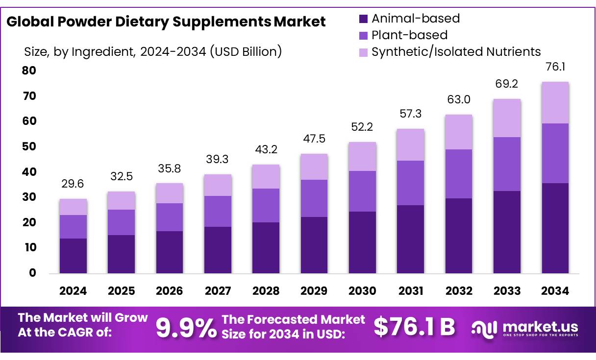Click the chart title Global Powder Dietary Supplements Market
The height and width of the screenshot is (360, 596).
pyautogui.click(x=166, y=22)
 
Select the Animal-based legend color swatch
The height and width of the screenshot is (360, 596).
pyautogui.click(x=363, y=19)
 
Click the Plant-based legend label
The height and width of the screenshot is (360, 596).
pyautogui.click(x=409, y=35)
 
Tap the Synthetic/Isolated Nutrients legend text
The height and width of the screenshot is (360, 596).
pyautogui.click(x=456, y=51)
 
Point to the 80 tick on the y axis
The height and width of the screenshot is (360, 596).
pyautogui.click(x=29, y=71)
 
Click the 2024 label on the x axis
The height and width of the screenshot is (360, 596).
pyautogui.click(x=73, y=291)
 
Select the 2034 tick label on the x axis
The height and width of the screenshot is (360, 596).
pyautogui.click(x=555, y=291)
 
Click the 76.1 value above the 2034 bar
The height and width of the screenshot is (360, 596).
pyautogui.click(x=555, y=67)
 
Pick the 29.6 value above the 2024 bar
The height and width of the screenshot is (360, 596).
pyautogui.click(x=73, y=184)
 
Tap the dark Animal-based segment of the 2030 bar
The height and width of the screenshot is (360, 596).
pyautogui.click(x=362, y=242)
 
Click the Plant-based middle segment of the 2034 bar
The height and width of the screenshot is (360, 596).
pyautogui.click(x=555, y=153)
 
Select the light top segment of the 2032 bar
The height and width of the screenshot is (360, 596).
pyautogui.click(x=459, y=132)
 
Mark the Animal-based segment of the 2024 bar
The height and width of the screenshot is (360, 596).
pyautogui.click(x=73, y=256)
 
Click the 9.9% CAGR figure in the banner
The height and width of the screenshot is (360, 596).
pyautogui.click(x=186, y=328)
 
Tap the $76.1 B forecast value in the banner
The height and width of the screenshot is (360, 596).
pyautogui.click(x=415, y=327)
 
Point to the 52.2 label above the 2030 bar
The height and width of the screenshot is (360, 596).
pyautogui.click(x=362, y=127)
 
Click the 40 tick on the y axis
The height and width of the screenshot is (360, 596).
pyautogui.click(x=29, y=172)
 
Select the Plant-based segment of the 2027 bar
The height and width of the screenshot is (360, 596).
pyautogui.click(x=218, y=211)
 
